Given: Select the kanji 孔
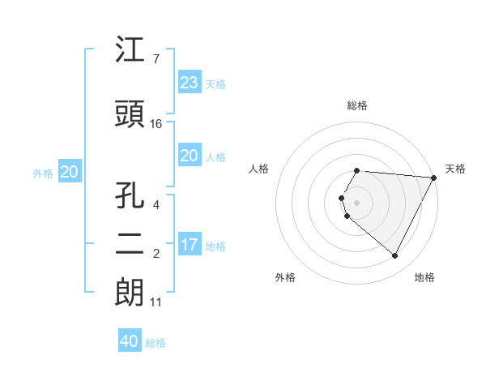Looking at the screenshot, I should click(x=130, y=196).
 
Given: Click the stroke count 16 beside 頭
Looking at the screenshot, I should click(x=156, y=124).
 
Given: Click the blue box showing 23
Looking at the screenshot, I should click(x=189, y=83).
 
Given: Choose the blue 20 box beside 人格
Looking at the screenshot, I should click(x=189, y=156).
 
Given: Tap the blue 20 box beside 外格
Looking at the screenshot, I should click(x=69, y=172).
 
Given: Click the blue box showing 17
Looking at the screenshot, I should click(x=189, y=245).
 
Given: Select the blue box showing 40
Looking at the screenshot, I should click(x=130, y=341).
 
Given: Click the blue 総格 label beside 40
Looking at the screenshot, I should click(x=156, y=343).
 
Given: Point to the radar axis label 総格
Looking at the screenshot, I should click(x=357, y=105).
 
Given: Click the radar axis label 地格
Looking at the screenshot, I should click(x=424, y=277).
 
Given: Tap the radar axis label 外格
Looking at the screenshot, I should click(x=285, y=277).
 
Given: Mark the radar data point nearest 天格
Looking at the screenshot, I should click(x=434, y=178).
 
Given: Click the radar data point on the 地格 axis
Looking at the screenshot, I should click(x=395, y=256).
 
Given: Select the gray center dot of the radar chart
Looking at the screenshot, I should click(x=357, y=202).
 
